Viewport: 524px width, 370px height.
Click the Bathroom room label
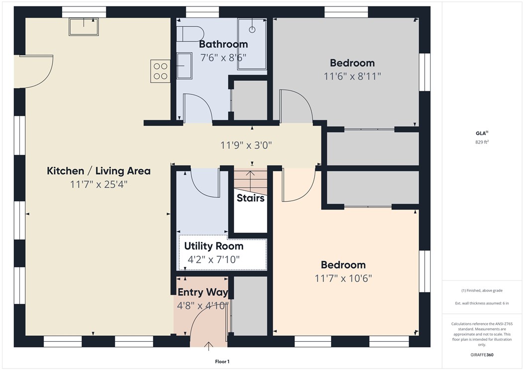pos(223,44)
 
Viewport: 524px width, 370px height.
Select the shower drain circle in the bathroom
pos(252,30)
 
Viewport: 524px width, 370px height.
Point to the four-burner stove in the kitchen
pos(160,71)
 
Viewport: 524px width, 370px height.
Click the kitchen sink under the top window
pos(84,26)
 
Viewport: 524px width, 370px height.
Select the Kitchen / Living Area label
pos(98,171)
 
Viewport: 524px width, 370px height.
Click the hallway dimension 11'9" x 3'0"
pos(246,146)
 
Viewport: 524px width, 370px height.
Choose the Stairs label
pos(250,198)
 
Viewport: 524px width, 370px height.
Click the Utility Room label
pos(214,246)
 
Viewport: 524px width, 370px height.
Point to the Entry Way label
pos(203,292)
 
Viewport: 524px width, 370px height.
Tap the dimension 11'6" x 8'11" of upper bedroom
pos(352,76)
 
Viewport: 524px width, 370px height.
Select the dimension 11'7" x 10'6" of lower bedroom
pos(343,278)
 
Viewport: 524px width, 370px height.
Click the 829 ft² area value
pos(483,142)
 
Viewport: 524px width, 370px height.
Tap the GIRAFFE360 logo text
pos(482,355)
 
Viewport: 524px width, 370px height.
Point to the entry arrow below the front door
pos(208,345)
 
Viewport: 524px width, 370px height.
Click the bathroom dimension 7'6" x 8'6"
pos(223,57)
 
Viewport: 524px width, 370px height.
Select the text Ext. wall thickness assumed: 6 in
pos(482,303)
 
